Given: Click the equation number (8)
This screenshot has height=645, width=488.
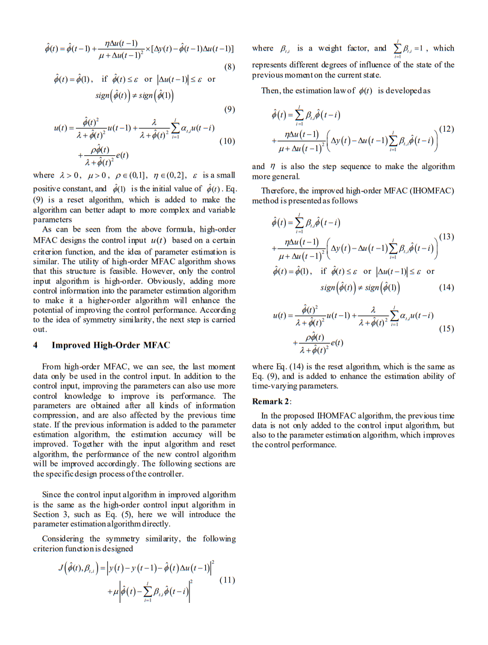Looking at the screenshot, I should pyautogui.click(x=229, y=66).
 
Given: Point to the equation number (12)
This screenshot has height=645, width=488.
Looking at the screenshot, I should pyautogui.click(x=446, y=129).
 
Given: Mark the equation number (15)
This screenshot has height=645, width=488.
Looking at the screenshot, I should pyautogui.click(x=446, y=329).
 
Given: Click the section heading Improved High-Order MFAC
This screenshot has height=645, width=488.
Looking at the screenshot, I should pyautogui.click(x=111, y=345).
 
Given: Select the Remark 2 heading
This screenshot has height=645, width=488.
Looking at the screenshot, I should pyautogui.click(x=271, y=401).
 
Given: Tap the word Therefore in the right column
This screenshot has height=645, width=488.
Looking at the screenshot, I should pyautogui.click(x=280, y=191).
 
